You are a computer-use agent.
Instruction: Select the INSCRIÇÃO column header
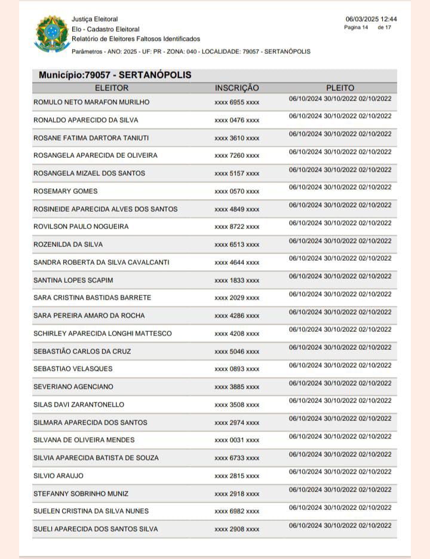click(x=236, y=88)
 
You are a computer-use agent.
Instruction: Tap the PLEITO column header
click(x=340, y=88)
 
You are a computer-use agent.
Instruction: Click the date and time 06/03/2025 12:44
click(x=371, y=19)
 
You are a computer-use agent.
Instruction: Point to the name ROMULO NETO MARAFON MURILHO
click(x=91, y=102)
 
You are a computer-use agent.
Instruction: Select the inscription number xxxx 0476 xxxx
click(x=236, y=120)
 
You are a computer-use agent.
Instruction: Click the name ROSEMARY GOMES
click(x=65, y=191)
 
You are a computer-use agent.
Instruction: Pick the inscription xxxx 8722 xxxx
click(x=236, y=227)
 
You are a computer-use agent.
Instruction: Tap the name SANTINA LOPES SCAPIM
click(x=73, y=280)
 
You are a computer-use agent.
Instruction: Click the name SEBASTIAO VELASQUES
click(x=73, y=369)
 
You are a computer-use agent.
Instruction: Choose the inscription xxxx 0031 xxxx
click(x=236, y=440)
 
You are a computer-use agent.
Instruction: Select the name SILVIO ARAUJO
click(x=59, y=476)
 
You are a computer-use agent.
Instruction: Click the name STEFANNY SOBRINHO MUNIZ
click(x=81, y=494)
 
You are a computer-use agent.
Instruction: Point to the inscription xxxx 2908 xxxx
click(x=236, y=530)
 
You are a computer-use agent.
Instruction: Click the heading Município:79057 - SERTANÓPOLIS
click(x=115, y=75)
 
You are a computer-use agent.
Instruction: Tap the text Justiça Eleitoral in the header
click(x=94, y=19)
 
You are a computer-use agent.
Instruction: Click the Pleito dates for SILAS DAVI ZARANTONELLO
click(x=340, y=401)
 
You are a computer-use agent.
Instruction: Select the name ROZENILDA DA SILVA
click(x=68, y=245)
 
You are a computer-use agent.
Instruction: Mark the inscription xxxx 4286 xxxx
click(x=236, y=316)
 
